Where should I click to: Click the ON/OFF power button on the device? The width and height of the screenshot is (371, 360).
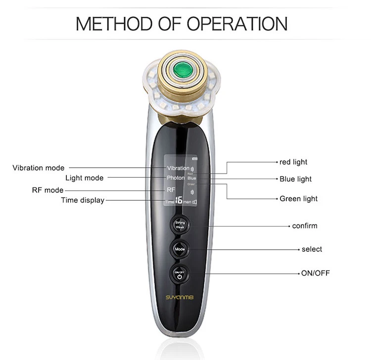[x=180, y=273]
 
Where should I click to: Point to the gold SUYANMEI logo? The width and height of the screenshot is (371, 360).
[x=179, y=298]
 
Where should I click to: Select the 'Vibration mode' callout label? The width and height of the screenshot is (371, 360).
[x=39, y=168]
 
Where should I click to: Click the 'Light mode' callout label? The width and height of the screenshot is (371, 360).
[x=84, y=178]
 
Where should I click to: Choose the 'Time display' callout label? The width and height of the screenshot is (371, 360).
[x=83, y=200]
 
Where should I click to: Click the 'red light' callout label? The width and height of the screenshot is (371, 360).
[x=293, y=162]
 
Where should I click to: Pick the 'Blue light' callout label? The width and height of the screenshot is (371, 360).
[x=295, y=179]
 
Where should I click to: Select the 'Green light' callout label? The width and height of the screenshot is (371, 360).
[x=299, y=199]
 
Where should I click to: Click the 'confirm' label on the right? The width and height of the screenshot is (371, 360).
[x=305, y=226]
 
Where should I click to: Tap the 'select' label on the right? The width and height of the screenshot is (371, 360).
[x=312, y=249]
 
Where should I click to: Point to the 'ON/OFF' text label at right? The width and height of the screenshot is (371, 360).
[x=316, y=273]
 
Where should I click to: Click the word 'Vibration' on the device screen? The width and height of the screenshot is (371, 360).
[x=178, y=168]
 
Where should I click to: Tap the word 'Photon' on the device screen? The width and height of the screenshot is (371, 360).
[x=176, y=178]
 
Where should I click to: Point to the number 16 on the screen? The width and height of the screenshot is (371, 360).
[x=179, y=201]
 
